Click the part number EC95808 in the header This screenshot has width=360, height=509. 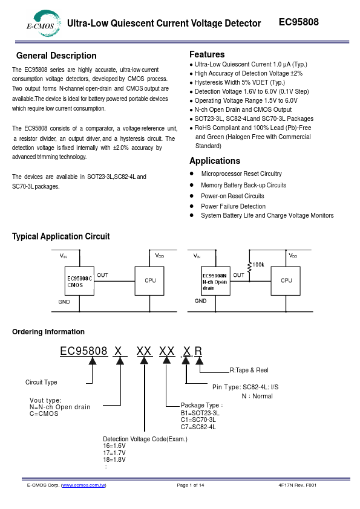pos(298,22)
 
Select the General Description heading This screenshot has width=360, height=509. pos(56,56)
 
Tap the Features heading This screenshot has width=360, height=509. pos(207,54)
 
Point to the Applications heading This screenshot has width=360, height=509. pos(215,161)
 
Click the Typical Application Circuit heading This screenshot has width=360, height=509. pos(61,236)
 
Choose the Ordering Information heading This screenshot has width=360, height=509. pos(48,331)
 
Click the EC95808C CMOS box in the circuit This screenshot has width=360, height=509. pos(79,281)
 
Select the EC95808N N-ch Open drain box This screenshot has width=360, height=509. pos(215,280)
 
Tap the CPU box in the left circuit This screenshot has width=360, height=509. pos(149,280)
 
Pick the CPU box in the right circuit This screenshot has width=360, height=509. pos(286,280)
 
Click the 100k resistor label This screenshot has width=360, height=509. pos(258,264)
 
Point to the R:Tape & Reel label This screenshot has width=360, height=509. pos(249,370)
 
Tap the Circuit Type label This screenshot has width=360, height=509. pos(41,382)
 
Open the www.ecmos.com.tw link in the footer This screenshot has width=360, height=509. pos(83,485)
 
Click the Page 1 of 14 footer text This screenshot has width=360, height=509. pos(191,485)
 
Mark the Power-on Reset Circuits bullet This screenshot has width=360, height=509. pos(232,196)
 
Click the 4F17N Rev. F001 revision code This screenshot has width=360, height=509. pos(297,485)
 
